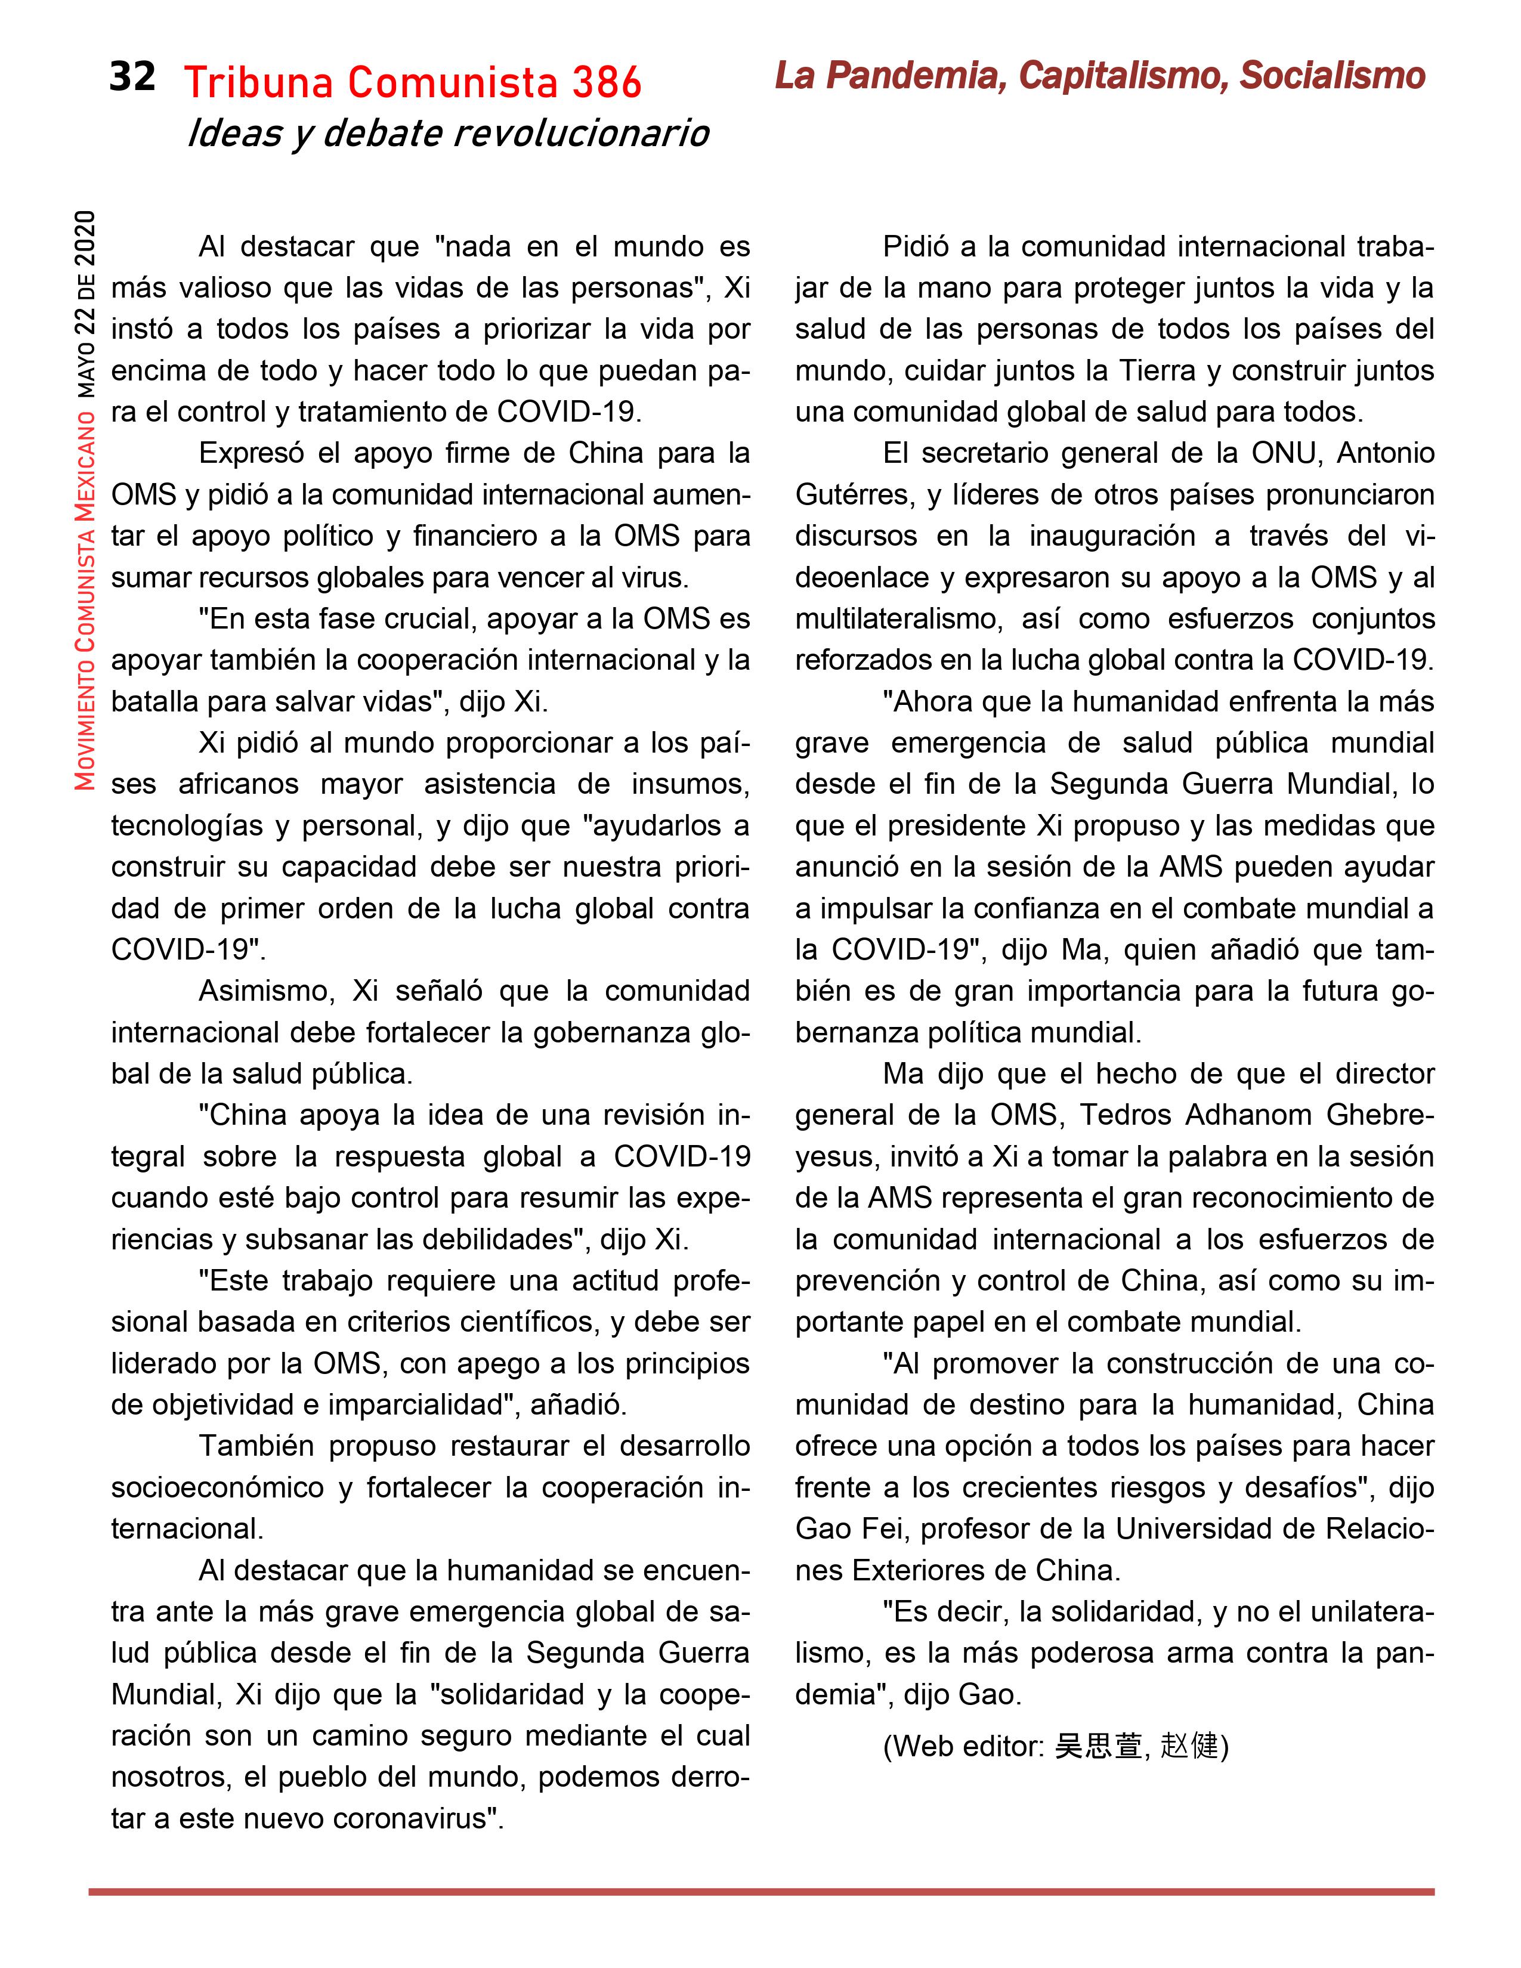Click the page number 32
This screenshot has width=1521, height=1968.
[132, 78]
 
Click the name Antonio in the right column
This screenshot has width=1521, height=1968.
[1385, 453]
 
